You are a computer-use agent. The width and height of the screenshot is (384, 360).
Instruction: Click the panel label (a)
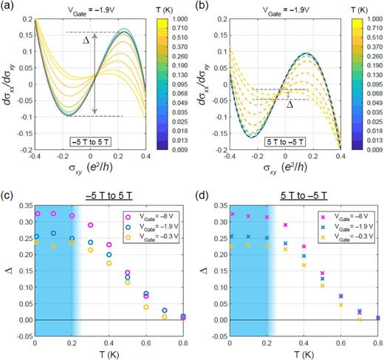[8, 7]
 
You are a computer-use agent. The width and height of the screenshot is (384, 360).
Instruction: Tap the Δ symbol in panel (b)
[289, 105]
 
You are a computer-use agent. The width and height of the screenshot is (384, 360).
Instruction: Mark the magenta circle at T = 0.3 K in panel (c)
[91, 225]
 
